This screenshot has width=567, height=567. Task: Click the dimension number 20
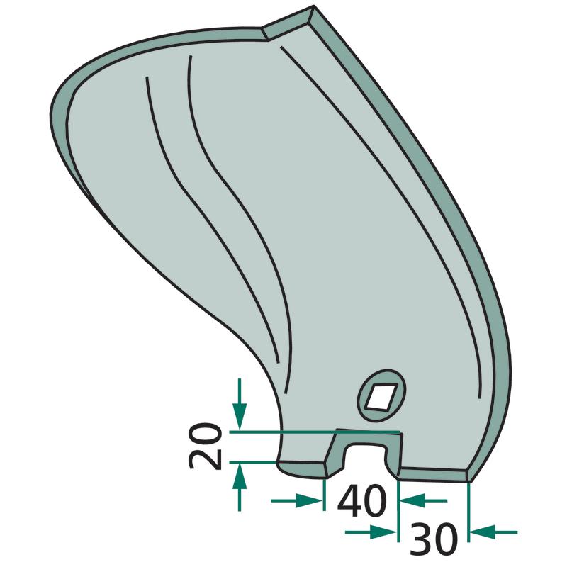206,447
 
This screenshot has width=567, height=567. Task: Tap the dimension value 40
361,503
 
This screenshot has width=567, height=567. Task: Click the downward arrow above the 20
240,404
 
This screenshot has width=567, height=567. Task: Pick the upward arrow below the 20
240,487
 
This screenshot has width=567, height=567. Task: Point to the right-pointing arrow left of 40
296,500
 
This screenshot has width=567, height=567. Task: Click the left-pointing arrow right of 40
423,501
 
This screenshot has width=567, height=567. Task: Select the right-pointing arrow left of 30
371,532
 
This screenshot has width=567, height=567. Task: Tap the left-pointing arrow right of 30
493,532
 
